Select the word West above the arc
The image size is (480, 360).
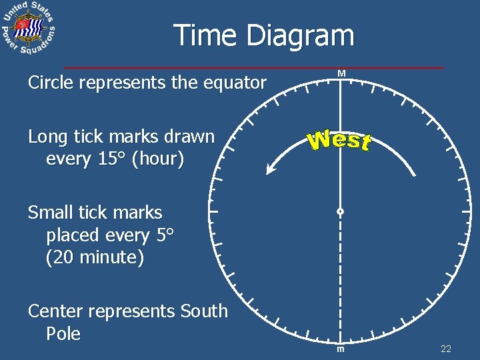339,141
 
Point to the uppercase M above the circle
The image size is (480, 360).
341,73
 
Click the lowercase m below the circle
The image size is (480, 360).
340,350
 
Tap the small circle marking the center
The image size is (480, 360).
340,212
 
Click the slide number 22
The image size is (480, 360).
446,349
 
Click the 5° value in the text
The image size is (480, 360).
163,235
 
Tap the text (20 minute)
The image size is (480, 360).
95,258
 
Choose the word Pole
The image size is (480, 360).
63,334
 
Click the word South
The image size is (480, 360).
203,311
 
